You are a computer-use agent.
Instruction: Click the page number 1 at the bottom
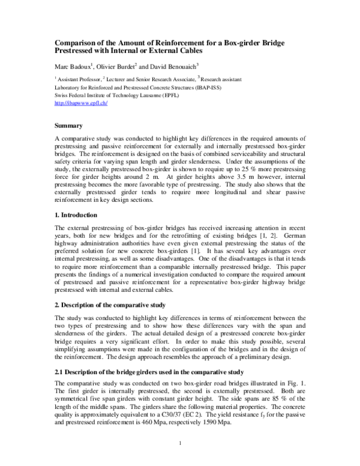coord(180,443)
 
